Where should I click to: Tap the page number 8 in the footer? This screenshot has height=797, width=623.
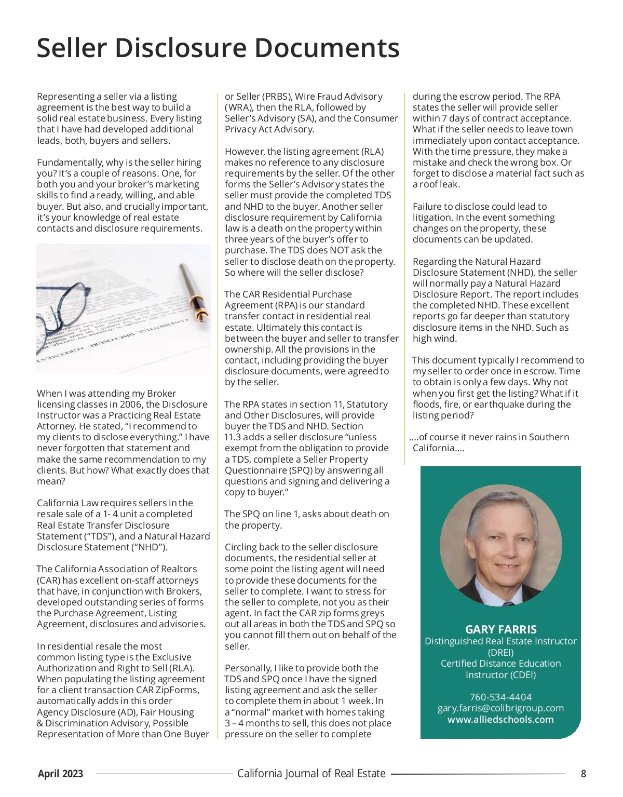(584, 774)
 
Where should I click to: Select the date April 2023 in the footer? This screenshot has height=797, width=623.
(60, 774)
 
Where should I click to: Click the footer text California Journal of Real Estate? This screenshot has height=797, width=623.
(311, 774)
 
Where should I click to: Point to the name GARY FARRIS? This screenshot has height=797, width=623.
(500, 629)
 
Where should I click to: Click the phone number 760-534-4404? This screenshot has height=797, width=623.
(500, 697)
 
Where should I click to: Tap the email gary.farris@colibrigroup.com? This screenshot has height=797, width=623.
(500, 708)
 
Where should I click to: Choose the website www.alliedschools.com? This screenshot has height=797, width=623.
(500, 720)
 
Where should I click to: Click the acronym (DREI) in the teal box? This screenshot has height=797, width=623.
(500, 652)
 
